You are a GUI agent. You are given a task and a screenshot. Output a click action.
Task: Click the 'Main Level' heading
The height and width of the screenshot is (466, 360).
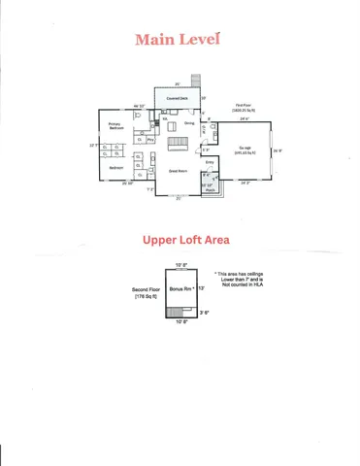tap(178, 40)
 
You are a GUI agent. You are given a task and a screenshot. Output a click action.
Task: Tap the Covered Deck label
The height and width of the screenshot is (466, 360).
tap(177, 98)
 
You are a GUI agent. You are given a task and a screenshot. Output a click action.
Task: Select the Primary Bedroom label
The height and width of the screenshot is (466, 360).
tap(115, 126)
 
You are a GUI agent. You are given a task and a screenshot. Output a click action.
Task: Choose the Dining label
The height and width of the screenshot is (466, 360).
tap(188, 124)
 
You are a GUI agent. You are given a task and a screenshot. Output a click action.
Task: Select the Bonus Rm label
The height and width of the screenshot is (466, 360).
tap(181, 288)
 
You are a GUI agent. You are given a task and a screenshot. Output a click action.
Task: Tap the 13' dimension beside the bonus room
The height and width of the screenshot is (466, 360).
tap(201, 287)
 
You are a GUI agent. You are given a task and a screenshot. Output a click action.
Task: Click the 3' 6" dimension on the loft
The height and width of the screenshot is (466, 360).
tap(204, 313)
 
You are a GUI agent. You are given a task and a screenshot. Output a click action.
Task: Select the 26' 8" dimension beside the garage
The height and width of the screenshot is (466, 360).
tap(277, 150)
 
